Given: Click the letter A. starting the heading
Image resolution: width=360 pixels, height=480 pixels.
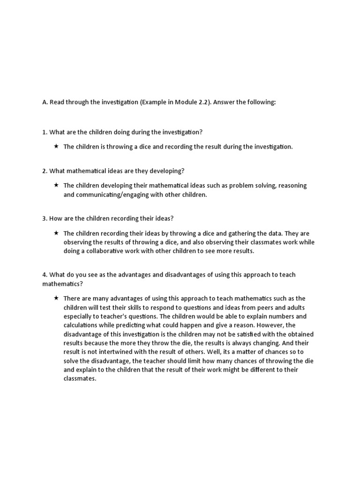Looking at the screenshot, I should (45, 103).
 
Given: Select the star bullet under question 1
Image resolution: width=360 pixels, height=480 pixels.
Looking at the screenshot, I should (56, 147).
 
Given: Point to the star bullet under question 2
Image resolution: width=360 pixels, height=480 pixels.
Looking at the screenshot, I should (56, 185).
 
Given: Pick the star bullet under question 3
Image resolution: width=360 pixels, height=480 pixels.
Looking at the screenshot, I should (56, 233).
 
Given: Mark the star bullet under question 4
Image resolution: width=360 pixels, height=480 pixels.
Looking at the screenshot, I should (56, 298).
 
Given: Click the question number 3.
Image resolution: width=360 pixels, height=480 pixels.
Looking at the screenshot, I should (45, 218).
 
